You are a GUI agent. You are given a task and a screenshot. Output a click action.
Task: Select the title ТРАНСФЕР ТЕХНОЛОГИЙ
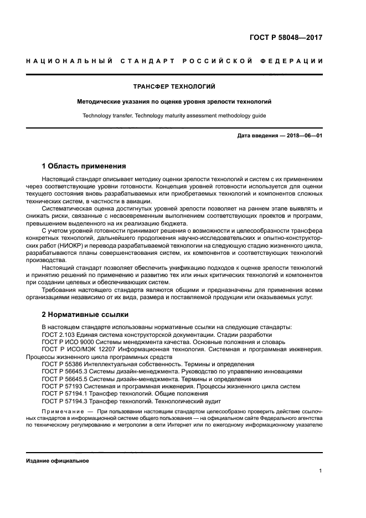[174, 86]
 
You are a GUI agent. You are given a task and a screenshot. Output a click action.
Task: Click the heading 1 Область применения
[84, 166]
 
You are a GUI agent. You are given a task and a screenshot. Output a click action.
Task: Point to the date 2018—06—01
[303, 135]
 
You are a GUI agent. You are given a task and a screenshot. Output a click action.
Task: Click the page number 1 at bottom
[321, 470]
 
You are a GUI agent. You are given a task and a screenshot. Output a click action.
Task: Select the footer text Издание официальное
[58, 461]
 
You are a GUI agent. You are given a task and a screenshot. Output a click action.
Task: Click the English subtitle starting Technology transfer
[174, 116]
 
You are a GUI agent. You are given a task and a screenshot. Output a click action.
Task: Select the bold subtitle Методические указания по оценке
[174, 102]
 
